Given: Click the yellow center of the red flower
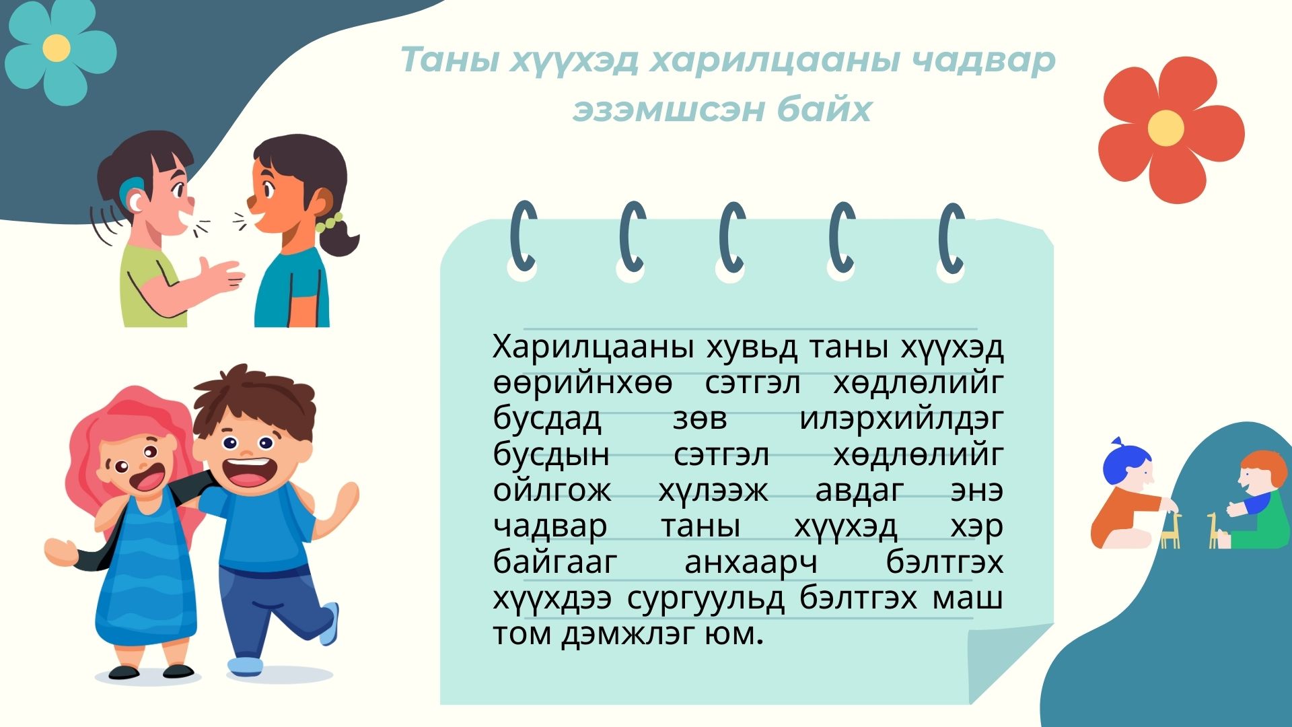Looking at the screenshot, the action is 1165,128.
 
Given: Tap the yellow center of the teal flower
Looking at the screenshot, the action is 57,48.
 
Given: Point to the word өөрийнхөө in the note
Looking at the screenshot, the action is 583,383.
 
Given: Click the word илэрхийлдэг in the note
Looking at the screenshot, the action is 901,419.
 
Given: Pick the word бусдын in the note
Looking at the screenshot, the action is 551,455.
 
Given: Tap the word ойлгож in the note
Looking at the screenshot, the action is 552,490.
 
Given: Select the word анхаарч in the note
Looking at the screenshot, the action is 751,563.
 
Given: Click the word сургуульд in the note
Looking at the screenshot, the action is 706,598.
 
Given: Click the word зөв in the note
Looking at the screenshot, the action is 700,419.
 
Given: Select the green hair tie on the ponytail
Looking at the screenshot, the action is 330,222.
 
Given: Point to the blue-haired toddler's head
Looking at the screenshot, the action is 1127,466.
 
